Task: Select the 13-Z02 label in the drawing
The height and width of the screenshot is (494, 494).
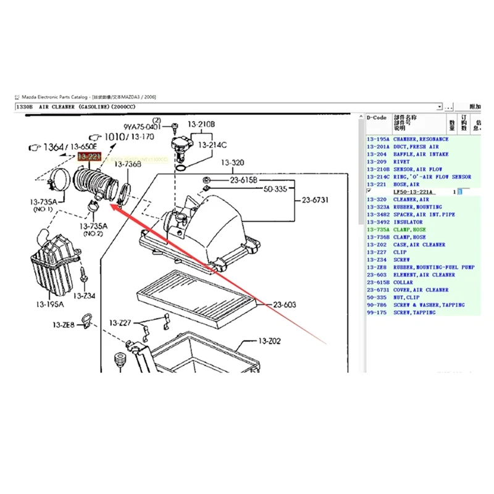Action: [269, 341]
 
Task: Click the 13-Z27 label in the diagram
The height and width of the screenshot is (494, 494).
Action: [120, 323]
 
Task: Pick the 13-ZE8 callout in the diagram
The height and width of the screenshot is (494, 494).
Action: [64, 325]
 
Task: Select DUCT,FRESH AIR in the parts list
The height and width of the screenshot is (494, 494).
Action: [416, 147]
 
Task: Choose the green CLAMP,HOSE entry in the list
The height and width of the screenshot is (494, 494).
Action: [409, 230]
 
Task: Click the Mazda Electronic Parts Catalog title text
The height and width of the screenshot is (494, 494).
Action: [56, 98]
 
